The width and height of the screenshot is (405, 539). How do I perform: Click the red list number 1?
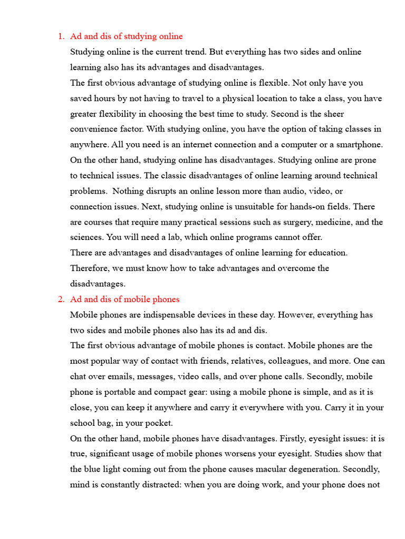(x=60, y=36)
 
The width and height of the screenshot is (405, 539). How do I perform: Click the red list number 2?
(x=60, y=299)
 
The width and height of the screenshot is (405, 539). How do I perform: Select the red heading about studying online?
(x=127, y=36)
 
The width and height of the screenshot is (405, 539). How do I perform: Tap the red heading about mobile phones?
(x=125, y=299)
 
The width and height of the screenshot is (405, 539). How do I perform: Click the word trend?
(x=192, y=52)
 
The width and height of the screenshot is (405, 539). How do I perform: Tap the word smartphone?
(x=357, y=144)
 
